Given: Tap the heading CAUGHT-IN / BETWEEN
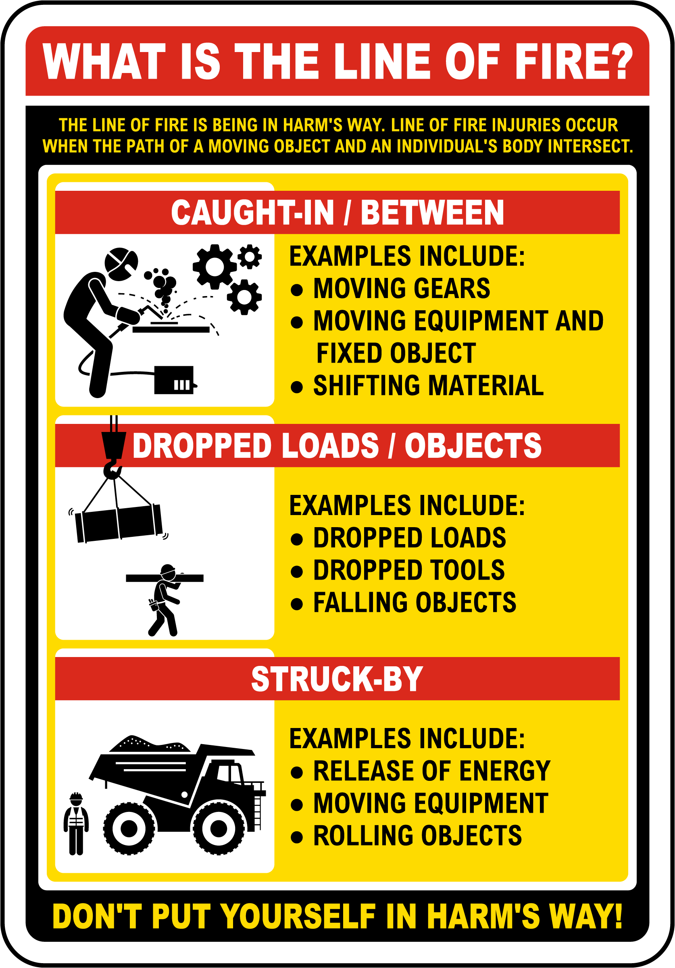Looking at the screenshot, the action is (337, 213).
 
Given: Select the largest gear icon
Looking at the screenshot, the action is (215, 267).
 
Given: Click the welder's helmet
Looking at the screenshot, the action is (121, 264).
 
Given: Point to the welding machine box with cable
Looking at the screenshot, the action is (174, 380).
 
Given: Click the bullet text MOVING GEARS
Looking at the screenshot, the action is (401, 289).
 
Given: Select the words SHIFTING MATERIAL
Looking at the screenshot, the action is (428, 386).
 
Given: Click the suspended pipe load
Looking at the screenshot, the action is (119, 523).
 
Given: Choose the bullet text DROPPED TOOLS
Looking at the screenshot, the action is (409, 570).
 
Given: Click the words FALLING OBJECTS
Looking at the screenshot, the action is (415, 603).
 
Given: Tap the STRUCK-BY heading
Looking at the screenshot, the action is (337, 679).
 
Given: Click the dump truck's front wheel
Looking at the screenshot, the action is (219, 828).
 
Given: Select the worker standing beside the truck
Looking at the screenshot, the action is (76, 823).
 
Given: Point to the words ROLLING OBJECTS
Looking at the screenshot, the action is (417, 836).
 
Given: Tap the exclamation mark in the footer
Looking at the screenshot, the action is (618, 916).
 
